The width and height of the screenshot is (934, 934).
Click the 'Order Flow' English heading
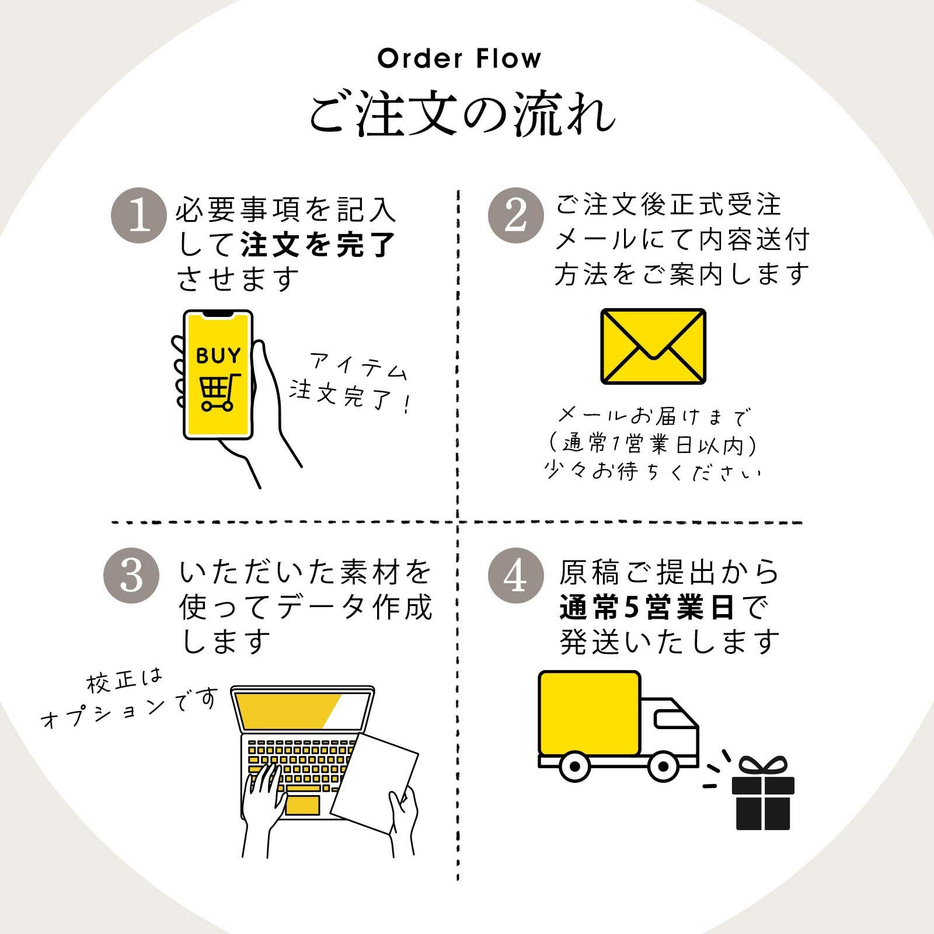[x=459, y=59]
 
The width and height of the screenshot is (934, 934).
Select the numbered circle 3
[x=131, y=575]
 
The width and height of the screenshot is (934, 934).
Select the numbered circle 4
[x=515, y=575]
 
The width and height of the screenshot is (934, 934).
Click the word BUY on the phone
[x=218, y=356]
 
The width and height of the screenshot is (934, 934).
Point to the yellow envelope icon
[x=653, y=346]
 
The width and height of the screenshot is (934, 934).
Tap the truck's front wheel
[x=663, y=765]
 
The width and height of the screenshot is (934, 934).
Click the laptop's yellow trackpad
[x=302, y=805]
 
